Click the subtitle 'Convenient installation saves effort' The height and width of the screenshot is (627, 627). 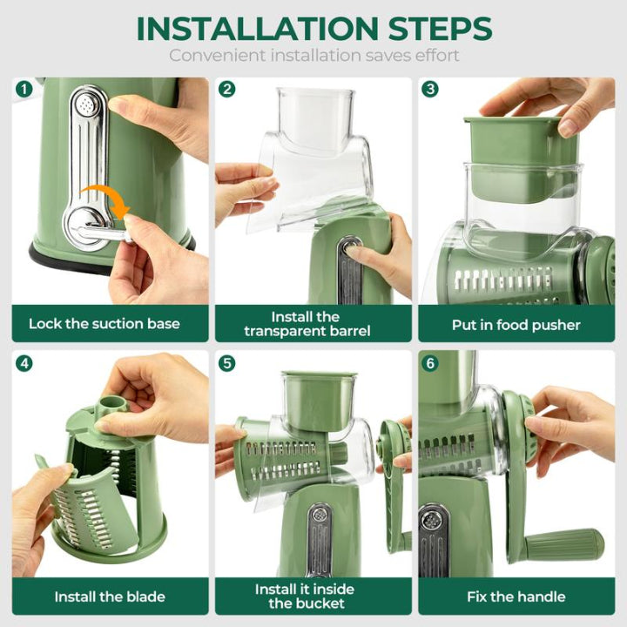coord(313,56)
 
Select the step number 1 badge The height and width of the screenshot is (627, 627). coord(24,89)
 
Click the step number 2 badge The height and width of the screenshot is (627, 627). coord(227,89)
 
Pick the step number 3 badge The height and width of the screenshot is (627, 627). coord(430,89)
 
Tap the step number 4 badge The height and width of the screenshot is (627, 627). coord(24,362)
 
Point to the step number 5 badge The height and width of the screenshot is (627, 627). coord(227,362)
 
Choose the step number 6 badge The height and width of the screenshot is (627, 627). coord(430,362)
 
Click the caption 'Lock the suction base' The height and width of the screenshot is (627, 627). coord(104,324)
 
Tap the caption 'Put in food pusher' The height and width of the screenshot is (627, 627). coord(516,324)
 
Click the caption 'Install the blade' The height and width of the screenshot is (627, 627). coord(110,597)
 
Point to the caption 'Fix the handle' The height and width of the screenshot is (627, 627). coord(516,597)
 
